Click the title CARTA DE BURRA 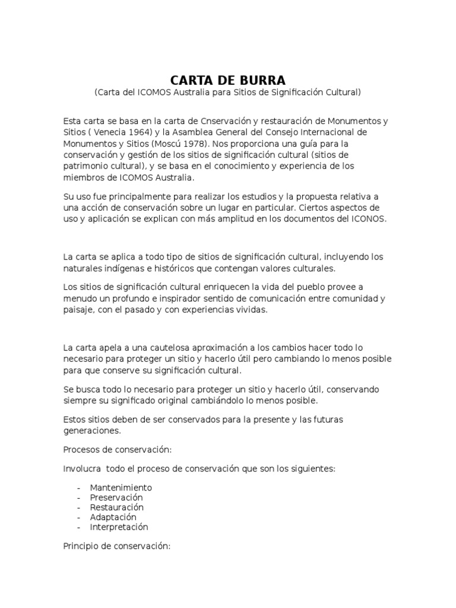(x=227, y=80)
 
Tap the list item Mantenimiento (x=121, y=487)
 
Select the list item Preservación (x=116, y=498)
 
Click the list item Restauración (x=117, y=508)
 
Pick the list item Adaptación (x=113, y=517)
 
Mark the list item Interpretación (x=119, y=527)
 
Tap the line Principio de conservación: (x=117, y=545)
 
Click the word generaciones (x=91, y=430)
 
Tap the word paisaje (x=78, y=309)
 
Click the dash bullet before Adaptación (x=79, y=517)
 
